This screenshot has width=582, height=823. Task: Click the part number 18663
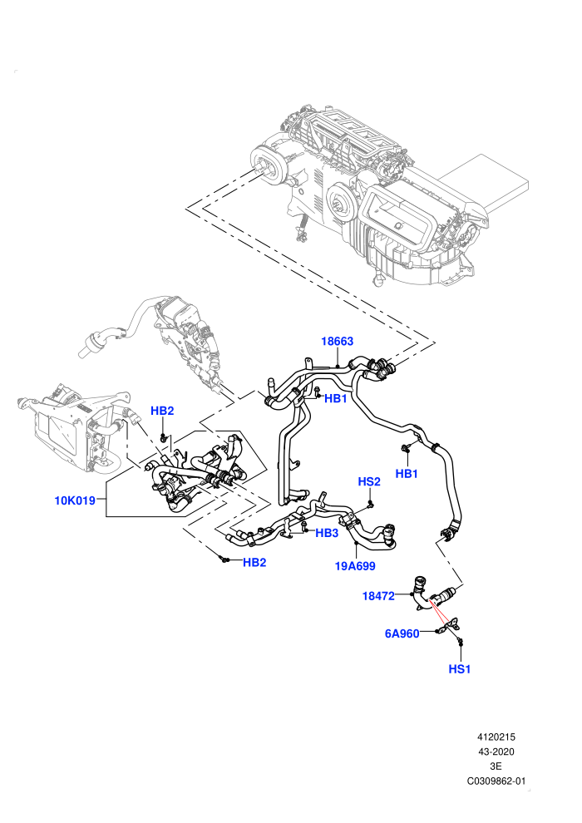337,341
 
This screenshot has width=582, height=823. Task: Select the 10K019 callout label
75,500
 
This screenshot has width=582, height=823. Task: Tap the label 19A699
355,566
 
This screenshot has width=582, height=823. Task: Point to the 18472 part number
377,596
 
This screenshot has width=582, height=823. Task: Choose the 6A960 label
402,633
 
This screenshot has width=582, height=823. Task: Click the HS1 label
460,669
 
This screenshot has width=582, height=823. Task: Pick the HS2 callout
369,481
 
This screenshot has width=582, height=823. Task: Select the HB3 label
327,533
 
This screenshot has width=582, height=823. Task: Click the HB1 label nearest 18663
335,398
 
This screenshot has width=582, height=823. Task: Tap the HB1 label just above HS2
407,474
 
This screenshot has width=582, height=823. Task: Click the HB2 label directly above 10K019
162,411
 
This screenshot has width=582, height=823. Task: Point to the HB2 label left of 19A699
254,563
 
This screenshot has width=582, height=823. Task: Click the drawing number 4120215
496,737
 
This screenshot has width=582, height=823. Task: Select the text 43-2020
496,752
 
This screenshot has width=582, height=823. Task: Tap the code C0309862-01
496,781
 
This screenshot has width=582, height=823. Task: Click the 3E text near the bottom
496,766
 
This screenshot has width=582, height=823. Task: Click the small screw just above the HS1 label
460,641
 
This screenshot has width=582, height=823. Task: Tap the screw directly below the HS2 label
371,504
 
